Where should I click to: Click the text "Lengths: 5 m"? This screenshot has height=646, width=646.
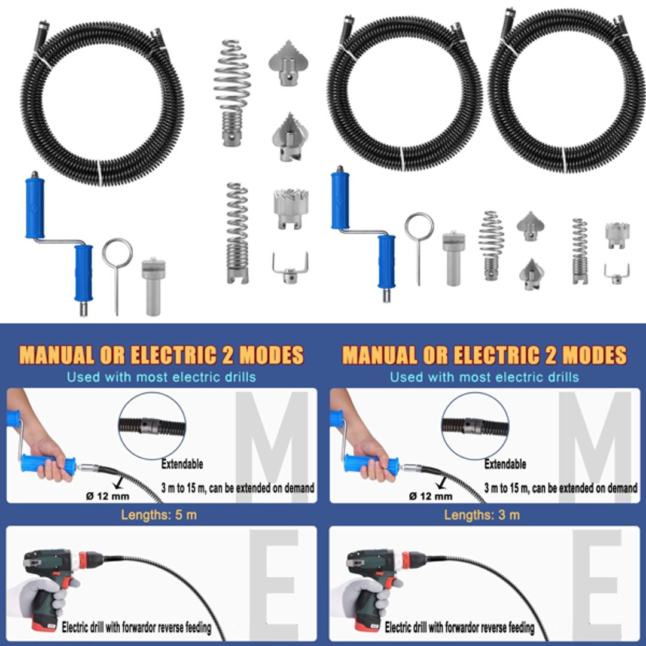point(159,514)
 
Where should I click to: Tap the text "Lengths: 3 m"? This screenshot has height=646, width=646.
point(482,514)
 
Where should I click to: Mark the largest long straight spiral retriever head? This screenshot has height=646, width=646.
point(237,233)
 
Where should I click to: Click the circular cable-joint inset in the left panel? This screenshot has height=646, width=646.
point(152,426)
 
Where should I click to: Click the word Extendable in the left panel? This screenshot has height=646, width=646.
point(182,464)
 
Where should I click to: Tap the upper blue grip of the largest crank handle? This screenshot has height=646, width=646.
point(35,206)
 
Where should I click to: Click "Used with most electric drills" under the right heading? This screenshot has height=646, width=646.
point(484,377)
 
